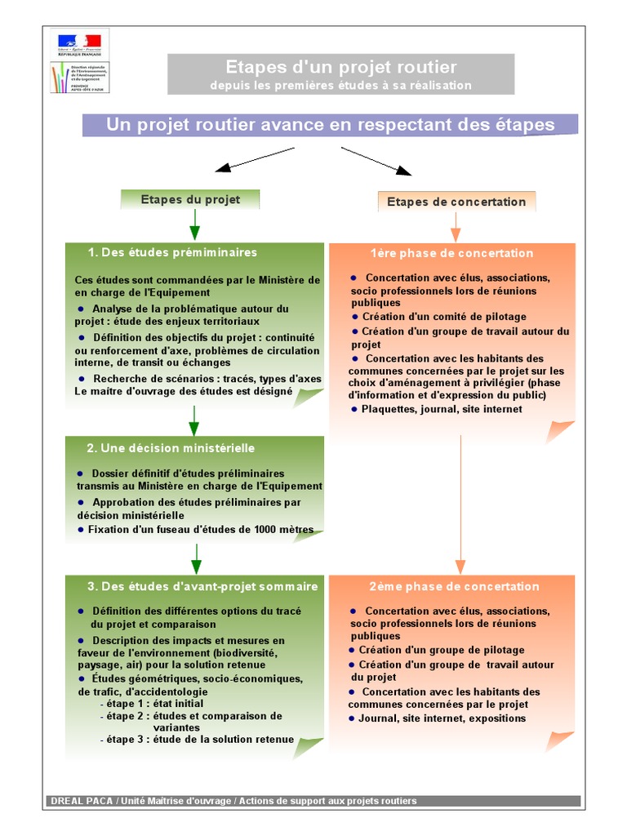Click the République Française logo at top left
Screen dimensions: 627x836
click(x=79, y=43)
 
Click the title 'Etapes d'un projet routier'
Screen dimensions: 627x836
click(x=341, y=67)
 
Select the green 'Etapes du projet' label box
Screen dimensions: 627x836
click(x=190, y=199)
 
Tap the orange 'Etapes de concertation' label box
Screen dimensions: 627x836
click(x=456, y=202)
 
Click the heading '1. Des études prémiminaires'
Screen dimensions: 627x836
click(x=172, y=252)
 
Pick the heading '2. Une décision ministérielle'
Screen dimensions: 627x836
click(x=171, y=448)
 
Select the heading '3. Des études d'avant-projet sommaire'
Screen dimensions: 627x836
click(x=202, y=586)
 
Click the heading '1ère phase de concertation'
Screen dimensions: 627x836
click(x=451, y=253)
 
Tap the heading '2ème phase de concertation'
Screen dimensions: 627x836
click(x=454, y=586)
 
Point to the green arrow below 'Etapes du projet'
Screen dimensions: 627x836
click(x=194, y=224)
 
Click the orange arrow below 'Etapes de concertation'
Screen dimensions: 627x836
click(x=456, y=226)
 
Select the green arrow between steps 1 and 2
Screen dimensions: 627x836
click(x=194, y=420)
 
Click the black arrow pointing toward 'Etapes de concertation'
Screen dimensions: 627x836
click(x=376, y=161)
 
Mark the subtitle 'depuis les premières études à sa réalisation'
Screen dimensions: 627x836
click(x=340, y=85)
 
